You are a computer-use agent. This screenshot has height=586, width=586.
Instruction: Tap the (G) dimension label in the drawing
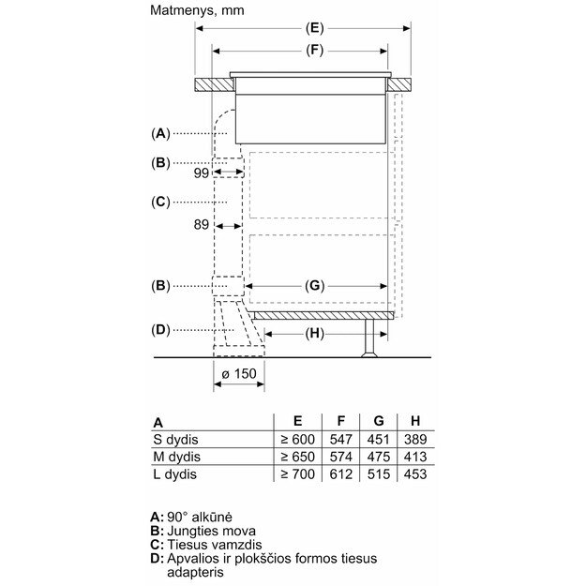tap(315, 284)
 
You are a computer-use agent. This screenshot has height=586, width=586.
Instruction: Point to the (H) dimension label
tap(315, 333)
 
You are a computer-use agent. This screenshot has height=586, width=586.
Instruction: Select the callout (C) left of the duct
tap(161, 202)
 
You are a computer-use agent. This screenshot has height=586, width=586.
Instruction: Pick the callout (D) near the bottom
tap(161, 329)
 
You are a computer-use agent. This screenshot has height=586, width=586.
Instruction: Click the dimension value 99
tap(202, 173)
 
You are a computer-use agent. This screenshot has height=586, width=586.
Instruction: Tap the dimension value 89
tap(202, 224)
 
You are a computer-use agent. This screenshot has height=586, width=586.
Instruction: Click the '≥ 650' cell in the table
tap(296, 457)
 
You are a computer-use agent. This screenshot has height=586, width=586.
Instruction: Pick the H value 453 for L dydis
tap(412, 474)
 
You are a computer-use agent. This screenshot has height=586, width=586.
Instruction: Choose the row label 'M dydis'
tap(177, 457)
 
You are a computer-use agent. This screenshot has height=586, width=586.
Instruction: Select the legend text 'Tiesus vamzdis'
tap(213, 545)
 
